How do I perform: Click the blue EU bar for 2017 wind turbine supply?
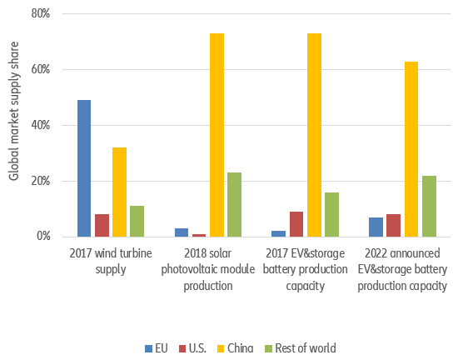pyautogui.click(x=84, y=168)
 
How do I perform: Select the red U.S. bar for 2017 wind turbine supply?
pyautogui.click(x=102, y=225)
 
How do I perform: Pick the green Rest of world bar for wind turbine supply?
pyautogui.click(x=137, y=221)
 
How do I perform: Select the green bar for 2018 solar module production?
pyautogui.click(x=234, y=204)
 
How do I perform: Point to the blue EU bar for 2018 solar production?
pyautogui.click(x=182, y=232)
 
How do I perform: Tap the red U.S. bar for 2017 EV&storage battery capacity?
pyautogui.click(x=296, y=223)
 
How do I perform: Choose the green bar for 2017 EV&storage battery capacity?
pyautogui.click(x=331, y=214)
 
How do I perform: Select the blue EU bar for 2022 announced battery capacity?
pyautogui.click(x=376, y=227)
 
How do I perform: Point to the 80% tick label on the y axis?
pyautogui.click(x=41, y=14)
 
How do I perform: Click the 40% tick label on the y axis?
pyautogui.click(x=41, y=125)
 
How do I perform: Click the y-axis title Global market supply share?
pyautogui.click(x=14, y=125)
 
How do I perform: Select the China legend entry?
pyautogui.click(x=241, y=347)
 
